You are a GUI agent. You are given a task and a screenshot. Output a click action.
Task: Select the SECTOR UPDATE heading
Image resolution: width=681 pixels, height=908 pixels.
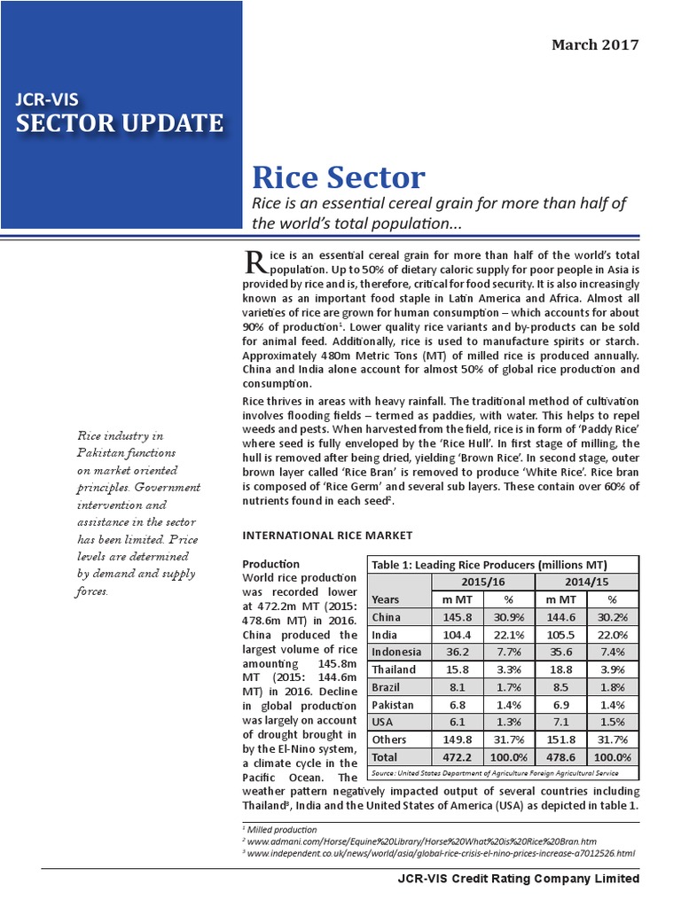pos(121,122)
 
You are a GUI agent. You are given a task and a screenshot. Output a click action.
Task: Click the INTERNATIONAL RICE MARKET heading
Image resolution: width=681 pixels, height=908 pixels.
pos(327,536)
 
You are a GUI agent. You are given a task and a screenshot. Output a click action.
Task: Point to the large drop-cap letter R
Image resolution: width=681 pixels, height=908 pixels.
pos(254,261)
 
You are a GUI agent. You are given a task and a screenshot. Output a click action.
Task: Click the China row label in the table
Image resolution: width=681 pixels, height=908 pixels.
pos(387,617)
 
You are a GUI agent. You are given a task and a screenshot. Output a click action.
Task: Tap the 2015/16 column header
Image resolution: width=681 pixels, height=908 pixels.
pos(482,582)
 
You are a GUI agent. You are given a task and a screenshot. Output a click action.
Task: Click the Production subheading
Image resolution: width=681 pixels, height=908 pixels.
pos(271,564)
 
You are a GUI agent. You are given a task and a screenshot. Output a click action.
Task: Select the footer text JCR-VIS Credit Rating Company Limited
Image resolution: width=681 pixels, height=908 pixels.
pos(519,879)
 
